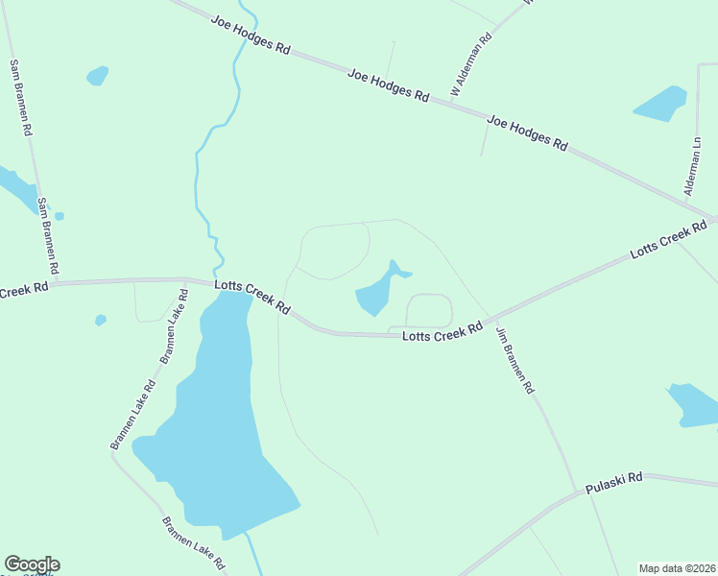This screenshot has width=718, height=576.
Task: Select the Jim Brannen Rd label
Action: (514, 361)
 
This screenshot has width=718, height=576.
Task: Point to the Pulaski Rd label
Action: (615, 482)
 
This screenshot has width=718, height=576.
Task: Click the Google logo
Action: (32, 564)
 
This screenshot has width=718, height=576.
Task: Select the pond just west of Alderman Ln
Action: (661, 104)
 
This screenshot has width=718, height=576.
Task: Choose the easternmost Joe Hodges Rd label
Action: (527, 132)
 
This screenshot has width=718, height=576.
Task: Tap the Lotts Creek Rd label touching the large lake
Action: (252, 296)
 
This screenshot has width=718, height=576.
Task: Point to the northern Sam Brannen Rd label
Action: (21, 96)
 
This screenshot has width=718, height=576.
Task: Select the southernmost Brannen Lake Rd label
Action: (192, 542)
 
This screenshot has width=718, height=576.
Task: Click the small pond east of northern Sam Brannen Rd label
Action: (97, 75)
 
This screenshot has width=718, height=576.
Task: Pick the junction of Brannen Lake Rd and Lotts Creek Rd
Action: (184, 280)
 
